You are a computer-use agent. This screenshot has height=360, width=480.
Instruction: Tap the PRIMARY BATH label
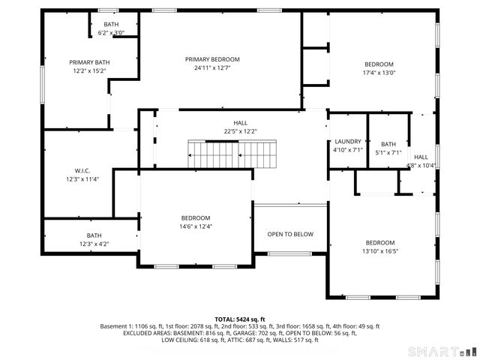click(x=89, y=62)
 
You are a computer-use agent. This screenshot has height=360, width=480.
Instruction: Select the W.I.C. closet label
click(x=82, y=170)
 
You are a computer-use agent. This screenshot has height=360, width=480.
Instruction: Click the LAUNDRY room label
click(x=347, y=141)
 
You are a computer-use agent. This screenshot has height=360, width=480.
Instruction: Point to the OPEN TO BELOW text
click(x=290, y=234)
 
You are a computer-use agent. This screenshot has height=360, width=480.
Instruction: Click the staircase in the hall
click(x=232, y=154)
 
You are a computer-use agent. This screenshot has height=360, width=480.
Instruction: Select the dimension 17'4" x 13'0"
click(x=379, y=73)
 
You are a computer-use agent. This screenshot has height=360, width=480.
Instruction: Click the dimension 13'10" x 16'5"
click(x=380, y=251)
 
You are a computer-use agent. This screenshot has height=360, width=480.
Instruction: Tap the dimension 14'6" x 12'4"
click(x=195, y=226)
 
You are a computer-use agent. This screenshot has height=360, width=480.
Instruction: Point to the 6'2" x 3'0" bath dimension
click(x=111, y=33)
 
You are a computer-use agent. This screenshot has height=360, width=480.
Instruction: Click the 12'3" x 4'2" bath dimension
click(x=94, y=244)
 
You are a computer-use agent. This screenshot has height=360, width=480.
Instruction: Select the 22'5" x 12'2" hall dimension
click(x=240, y=131)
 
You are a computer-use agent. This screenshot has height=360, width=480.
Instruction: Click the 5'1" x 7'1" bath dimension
click(x=388, y=153)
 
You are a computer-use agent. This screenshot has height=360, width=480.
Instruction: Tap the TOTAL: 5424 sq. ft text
click(x=240, y=319)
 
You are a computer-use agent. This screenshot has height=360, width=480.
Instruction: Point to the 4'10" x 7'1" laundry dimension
click(x=347, y=150)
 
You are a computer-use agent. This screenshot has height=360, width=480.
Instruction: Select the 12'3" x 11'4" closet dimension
click(x=82, y=179)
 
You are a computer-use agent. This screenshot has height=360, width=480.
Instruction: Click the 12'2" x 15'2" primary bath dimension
click(x=89, y=71)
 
